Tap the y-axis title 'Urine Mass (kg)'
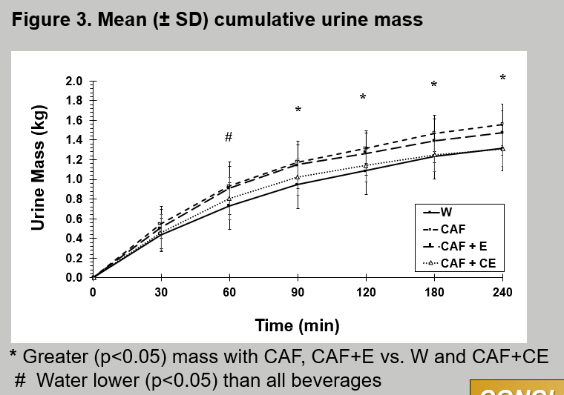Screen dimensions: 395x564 pos(39,169)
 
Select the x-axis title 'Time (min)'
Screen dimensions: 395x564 pos(297,325)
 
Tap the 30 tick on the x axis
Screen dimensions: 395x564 pos(161,292)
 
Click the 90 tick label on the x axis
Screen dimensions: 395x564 pos(298,292)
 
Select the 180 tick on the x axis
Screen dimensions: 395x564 pos(434,292)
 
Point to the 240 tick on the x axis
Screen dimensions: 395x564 pos(502,292)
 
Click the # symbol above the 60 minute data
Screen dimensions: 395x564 pos(229,137)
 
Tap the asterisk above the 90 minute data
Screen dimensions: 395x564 pos(298,110)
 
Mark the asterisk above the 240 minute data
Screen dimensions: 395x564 pos(502,79)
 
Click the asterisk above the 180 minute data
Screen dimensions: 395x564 pos(434,85)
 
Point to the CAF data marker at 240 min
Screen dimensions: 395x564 pos(502,125)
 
